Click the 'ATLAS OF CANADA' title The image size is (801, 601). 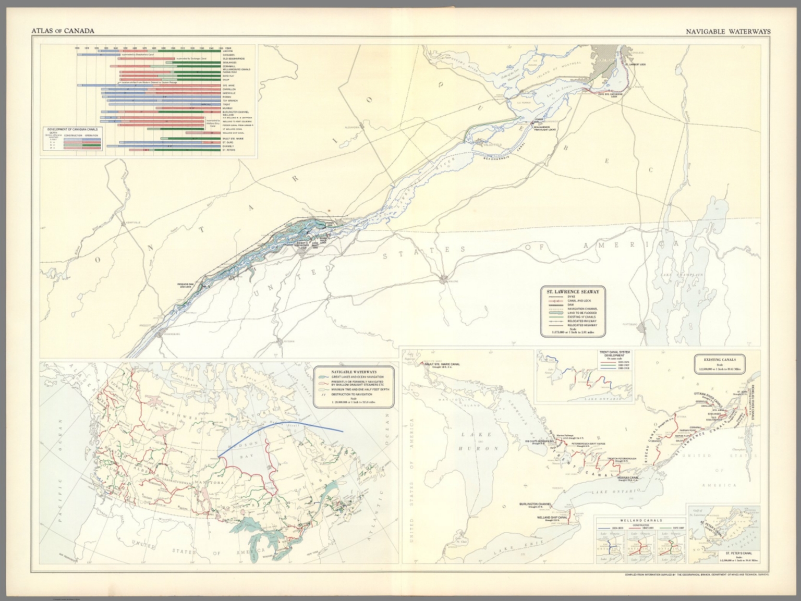[63, 31]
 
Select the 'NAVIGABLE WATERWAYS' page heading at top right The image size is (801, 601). [729, 31]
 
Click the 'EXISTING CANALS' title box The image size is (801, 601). [719, 360]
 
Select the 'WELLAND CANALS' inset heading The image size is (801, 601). [641, 520]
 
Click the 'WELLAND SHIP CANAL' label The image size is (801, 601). [539, 517]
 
